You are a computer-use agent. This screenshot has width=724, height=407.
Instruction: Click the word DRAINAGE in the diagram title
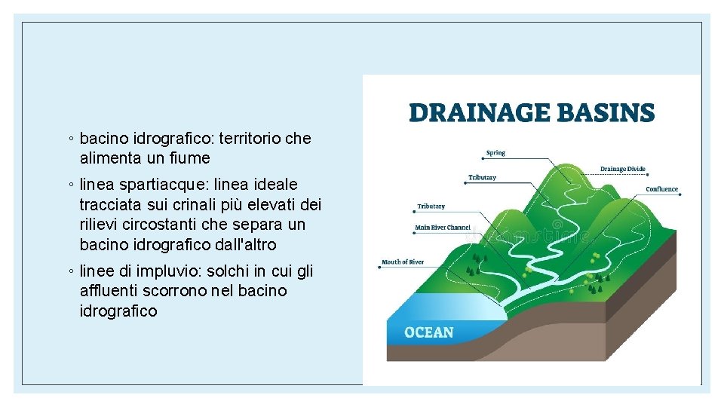[x=473, y=113]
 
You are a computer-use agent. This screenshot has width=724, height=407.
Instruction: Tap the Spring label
[x=495, y=153]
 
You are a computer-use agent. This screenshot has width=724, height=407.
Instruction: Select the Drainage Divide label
[x=622, y=169]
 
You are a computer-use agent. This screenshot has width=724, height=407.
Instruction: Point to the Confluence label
[x=661, y=189]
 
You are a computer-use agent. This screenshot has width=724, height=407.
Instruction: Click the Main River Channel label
[x=443, y=227]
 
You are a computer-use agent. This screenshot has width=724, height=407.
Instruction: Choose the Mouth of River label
[x=403, y=262]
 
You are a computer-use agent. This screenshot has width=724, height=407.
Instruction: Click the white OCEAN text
[x=429, y=332]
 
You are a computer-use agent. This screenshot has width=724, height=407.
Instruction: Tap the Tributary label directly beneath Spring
[x=482, y=178]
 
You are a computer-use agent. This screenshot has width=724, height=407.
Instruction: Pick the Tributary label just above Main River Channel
[x=431, y=206]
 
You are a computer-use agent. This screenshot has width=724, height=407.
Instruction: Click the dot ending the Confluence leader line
[x=681, y=194]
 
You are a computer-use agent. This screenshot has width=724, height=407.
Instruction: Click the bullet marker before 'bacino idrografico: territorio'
[x=70, y=139]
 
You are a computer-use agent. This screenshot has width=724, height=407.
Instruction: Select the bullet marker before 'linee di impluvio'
[x=70, y=271]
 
